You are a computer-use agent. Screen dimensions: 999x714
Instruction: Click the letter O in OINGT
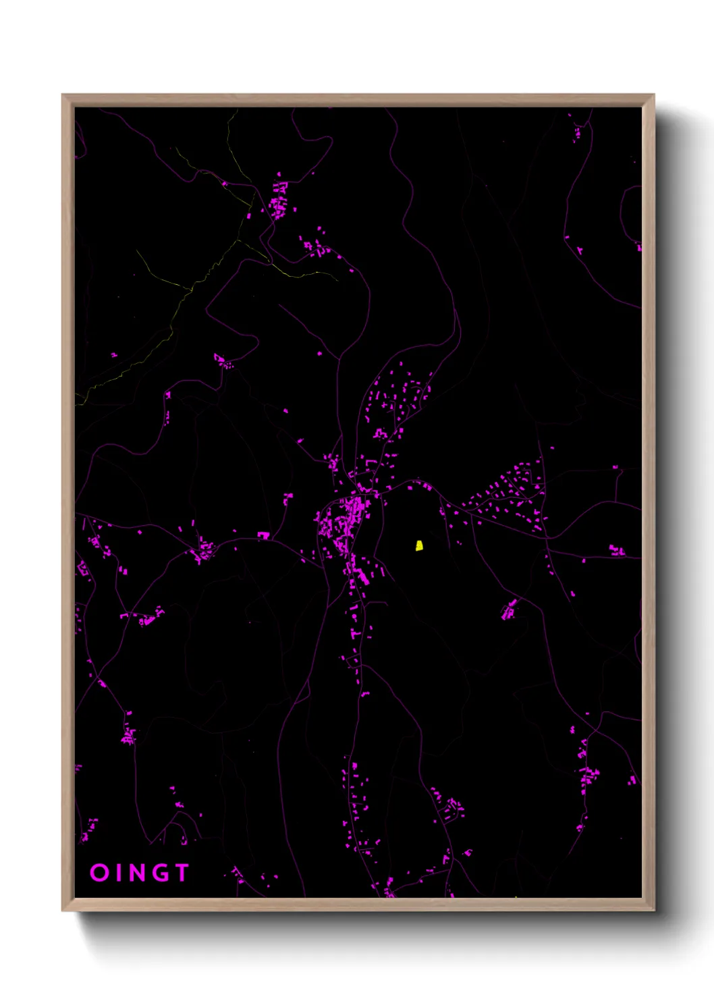99,872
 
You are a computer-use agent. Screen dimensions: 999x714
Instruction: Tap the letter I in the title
119,872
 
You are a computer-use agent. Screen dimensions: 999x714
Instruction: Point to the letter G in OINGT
161,872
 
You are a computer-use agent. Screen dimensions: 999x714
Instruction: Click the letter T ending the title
181,872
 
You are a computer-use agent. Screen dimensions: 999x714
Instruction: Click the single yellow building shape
419,545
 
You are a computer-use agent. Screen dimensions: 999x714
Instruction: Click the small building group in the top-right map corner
576,132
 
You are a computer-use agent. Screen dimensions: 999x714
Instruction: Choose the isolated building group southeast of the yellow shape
509,610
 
